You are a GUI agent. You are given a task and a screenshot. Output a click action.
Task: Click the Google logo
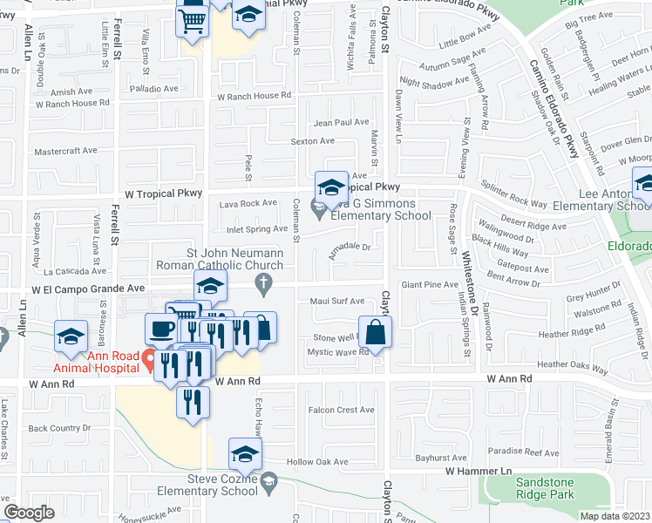(x=29, y=512)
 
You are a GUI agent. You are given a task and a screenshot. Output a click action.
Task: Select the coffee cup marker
(x=160, y=329)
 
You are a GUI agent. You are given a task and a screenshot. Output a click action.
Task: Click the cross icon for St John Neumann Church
(x=261, y=282)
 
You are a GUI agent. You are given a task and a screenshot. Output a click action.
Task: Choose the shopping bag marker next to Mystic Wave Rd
(x=375, y=332)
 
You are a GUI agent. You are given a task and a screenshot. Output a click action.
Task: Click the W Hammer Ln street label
(x=478, y=471)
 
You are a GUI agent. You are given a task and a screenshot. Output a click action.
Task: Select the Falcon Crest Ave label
(x=341, y=410)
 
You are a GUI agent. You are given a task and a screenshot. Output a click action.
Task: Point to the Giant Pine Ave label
(x=429, y=284)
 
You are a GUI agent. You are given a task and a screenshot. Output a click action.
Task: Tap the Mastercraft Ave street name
(x=65, y=150)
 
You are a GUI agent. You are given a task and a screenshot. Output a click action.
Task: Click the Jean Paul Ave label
(x=342, y=123)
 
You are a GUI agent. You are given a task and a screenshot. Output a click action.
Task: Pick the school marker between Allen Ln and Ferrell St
(x=71, y=336)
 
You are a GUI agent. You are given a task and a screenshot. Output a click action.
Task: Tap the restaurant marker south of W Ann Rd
(x=193, y=401)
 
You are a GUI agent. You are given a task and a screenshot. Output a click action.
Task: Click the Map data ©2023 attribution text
(x=615, y=516)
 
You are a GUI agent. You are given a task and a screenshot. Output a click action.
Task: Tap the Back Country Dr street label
(x=59, y=428)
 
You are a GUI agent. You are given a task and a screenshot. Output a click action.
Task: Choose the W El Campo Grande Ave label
(x=88, y=287)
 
